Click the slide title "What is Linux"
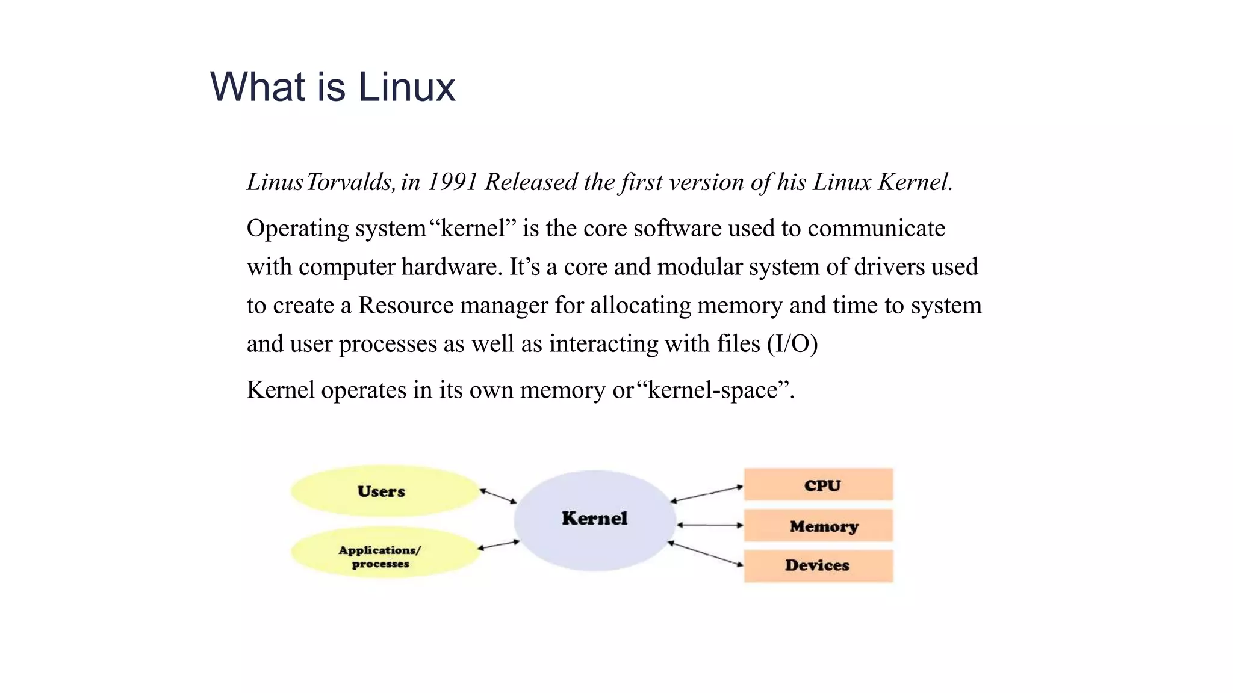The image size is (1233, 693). (x=332, y=87)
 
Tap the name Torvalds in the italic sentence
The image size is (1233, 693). (x=350, y=182)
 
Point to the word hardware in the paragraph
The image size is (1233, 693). (x=452, y=267)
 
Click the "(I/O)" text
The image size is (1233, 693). (x=792, y=344)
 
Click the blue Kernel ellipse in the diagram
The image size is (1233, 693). (x=595, y=520)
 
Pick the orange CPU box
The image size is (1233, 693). (x=819, y=485)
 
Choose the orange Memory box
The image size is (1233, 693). (x=819, y=526)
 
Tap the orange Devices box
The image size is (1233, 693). (x=819, y=565)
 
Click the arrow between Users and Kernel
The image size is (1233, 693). (x=498, y=496)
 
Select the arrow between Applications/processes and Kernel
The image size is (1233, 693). (x=498, y=545)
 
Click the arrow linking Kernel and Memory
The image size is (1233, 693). (x=710, y=525)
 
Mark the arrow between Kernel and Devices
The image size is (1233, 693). (x=706, y=553)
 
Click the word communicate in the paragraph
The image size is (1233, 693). (x=877, y=229)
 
